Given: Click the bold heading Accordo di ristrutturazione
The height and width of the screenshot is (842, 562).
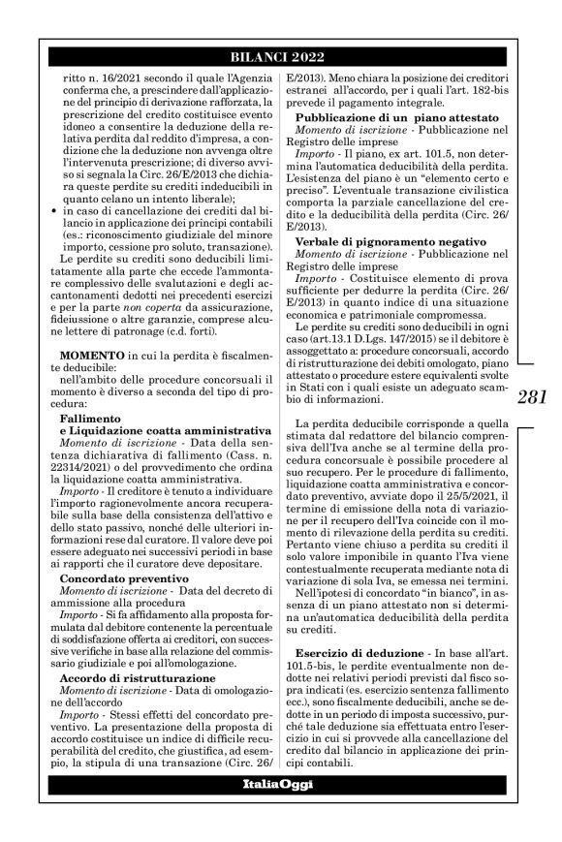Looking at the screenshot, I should coord(130,679).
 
